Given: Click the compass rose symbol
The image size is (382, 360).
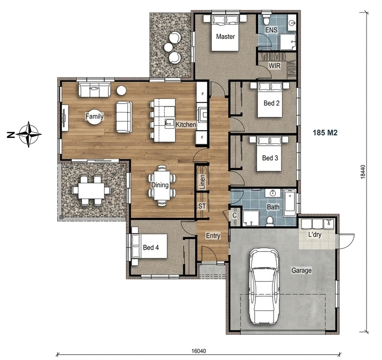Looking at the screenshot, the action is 29,134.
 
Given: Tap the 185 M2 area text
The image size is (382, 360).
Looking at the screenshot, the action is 325,133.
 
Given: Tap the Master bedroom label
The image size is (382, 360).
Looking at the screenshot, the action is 225,37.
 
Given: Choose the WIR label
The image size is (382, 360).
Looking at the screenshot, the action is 274,66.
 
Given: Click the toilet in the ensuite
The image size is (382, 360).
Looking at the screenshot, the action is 266,20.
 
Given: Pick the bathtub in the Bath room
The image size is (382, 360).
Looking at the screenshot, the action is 290,203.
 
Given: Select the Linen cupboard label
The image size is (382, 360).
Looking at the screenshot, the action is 202,182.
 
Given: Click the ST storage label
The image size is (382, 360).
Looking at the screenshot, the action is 202,206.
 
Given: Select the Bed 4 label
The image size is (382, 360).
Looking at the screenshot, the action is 151,247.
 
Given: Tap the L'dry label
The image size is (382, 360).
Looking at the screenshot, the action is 315,235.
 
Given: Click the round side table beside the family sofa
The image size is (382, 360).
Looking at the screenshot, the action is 121,90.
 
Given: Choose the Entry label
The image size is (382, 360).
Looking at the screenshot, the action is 213,236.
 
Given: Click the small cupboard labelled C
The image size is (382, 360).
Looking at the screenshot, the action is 235,216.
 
